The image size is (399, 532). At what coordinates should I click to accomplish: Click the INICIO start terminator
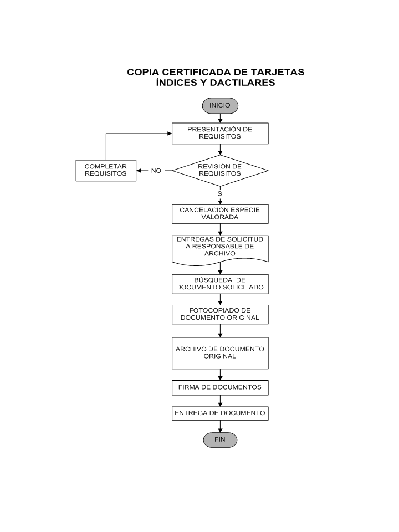coord(220,105)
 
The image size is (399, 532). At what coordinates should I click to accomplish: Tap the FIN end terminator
coord(220,439)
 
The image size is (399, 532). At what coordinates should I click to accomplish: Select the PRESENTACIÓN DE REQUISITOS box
coord(220,134)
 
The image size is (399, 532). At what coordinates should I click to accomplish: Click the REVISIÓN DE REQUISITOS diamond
coord(220,170)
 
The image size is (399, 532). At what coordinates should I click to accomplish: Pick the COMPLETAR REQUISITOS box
coord(106,170)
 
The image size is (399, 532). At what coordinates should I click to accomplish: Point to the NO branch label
coord(156,171)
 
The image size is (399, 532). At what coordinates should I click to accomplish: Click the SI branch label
coord(221,193)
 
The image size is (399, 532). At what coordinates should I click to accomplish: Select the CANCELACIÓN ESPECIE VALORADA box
coord(220,214)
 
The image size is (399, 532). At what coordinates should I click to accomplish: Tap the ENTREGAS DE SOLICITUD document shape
coord(220,250)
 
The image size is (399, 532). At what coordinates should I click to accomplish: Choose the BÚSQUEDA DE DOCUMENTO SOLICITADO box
coord(220,284)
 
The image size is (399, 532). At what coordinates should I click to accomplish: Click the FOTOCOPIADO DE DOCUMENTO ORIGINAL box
coord(220,315)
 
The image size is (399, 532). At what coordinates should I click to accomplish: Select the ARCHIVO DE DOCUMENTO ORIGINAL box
coord(220,353)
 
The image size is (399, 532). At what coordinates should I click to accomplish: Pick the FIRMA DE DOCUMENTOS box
coord(220,387)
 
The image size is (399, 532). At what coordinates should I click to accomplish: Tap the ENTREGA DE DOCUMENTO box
coord(220,413)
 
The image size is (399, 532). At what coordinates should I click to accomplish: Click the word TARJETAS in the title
coord(278,72)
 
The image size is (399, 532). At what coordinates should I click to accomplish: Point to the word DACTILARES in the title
coord(242,83)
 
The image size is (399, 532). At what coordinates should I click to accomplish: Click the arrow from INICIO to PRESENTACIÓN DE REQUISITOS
coord(220,118)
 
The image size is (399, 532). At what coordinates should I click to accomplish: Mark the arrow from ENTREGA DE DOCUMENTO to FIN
coord(220,427)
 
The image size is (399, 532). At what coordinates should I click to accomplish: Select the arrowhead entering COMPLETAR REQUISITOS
coord(139,171)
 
